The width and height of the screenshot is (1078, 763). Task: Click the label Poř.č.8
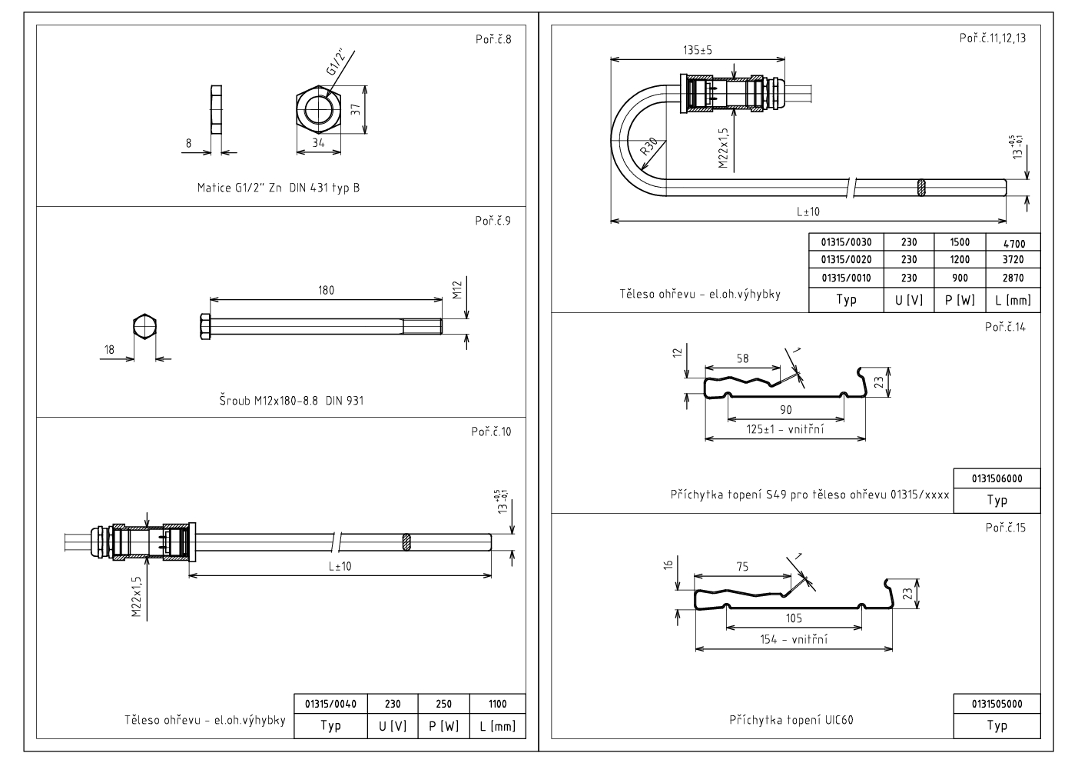pos(493,39)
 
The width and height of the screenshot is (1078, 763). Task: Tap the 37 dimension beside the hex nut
pos(356,109)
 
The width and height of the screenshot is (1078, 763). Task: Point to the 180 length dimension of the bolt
pos(326,291)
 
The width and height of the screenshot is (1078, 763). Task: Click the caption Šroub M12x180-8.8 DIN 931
pos(291,401)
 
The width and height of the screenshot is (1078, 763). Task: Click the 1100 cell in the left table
pos(498,704)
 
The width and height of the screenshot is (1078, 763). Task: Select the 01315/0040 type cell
pos(330,704)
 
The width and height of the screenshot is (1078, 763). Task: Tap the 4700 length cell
pos(1013,243)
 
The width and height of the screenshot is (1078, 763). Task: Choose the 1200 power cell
pos(960,260)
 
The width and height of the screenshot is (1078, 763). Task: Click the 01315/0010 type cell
pos(846,278)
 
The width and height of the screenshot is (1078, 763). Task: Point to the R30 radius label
pos(648,147)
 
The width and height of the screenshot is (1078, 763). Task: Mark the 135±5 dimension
pos(698,50)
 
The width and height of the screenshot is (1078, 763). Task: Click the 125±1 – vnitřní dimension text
pos(785,428)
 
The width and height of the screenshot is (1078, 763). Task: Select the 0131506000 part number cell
pos(997,478)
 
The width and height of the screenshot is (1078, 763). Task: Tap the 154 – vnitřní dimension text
pos(794,638)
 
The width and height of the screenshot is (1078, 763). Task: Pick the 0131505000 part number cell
pos(997,704)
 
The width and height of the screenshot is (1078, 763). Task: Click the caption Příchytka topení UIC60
pos(791,720)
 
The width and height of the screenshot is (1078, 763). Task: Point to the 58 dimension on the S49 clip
pos(742,358)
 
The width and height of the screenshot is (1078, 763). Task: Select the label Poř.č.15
pos(1005,528)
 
